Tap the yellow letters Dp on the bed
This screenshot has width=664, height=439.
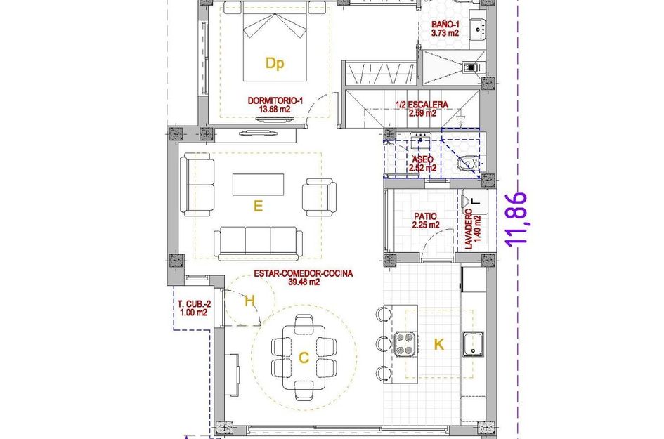275,64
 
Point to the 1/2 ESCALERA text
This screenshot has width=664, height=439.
422,108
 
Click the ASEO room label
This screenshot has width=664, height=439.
423,164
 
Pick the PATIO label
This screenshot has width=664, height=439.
426,221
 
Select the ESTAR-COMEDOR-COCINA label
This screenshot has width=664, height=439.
295,277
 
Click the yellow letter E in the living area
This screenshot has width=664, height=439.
258,206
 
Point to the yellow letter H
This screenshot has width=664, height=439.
249,301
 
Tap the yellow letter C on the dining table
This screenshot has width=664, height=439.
304,358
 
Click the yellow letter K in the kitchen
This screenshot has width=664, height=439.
438,344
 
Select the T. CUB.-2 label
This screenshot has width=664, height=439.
193,308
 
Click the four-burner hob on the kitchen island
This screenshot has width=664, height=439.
405,344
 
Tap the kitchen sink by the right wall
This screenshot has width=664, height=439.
475,345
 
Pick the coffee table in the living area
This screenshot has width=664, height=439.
259,185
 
